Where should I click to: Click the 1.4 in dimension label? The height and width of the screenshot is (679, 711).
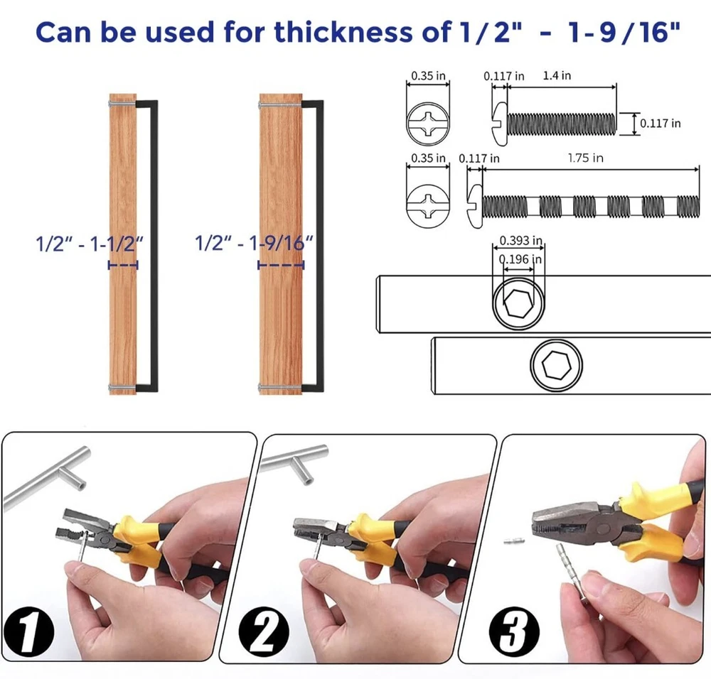557,75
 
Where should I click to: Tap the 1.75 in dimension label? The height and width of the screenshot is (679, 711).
585,158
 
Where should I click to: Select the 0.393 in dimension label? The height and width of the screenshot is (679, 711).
520,240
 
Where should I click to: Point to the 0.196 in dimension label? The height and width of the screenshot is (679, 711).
520,259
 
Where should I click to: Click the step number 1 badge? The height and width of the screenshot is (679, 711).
29,631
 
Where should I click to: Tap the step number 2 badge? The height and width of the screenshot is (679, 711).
264,631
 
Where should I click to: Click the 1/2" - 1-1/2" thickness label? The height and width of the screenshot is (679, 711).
90,244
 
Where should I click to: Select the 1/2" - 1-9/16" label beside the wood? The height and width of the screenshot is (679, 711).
254,243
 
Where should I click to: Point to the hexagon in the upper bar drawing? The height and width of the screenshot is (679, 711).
518,303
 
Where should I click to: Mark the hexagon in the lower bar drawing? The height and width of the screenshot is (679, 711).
557,364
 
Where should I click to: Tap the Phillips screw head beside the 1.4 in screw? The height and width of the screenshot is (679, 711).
428,123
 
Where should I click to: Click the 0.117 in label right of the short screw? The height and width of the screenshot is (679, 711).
660,123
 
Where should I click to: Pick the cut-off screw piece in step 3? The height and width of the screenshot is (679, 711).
514,541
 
